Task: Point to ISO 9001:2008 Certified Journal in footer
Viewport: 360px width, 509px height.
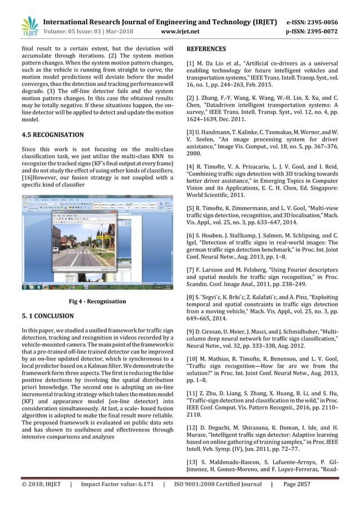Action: click(x=217, y=499)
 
